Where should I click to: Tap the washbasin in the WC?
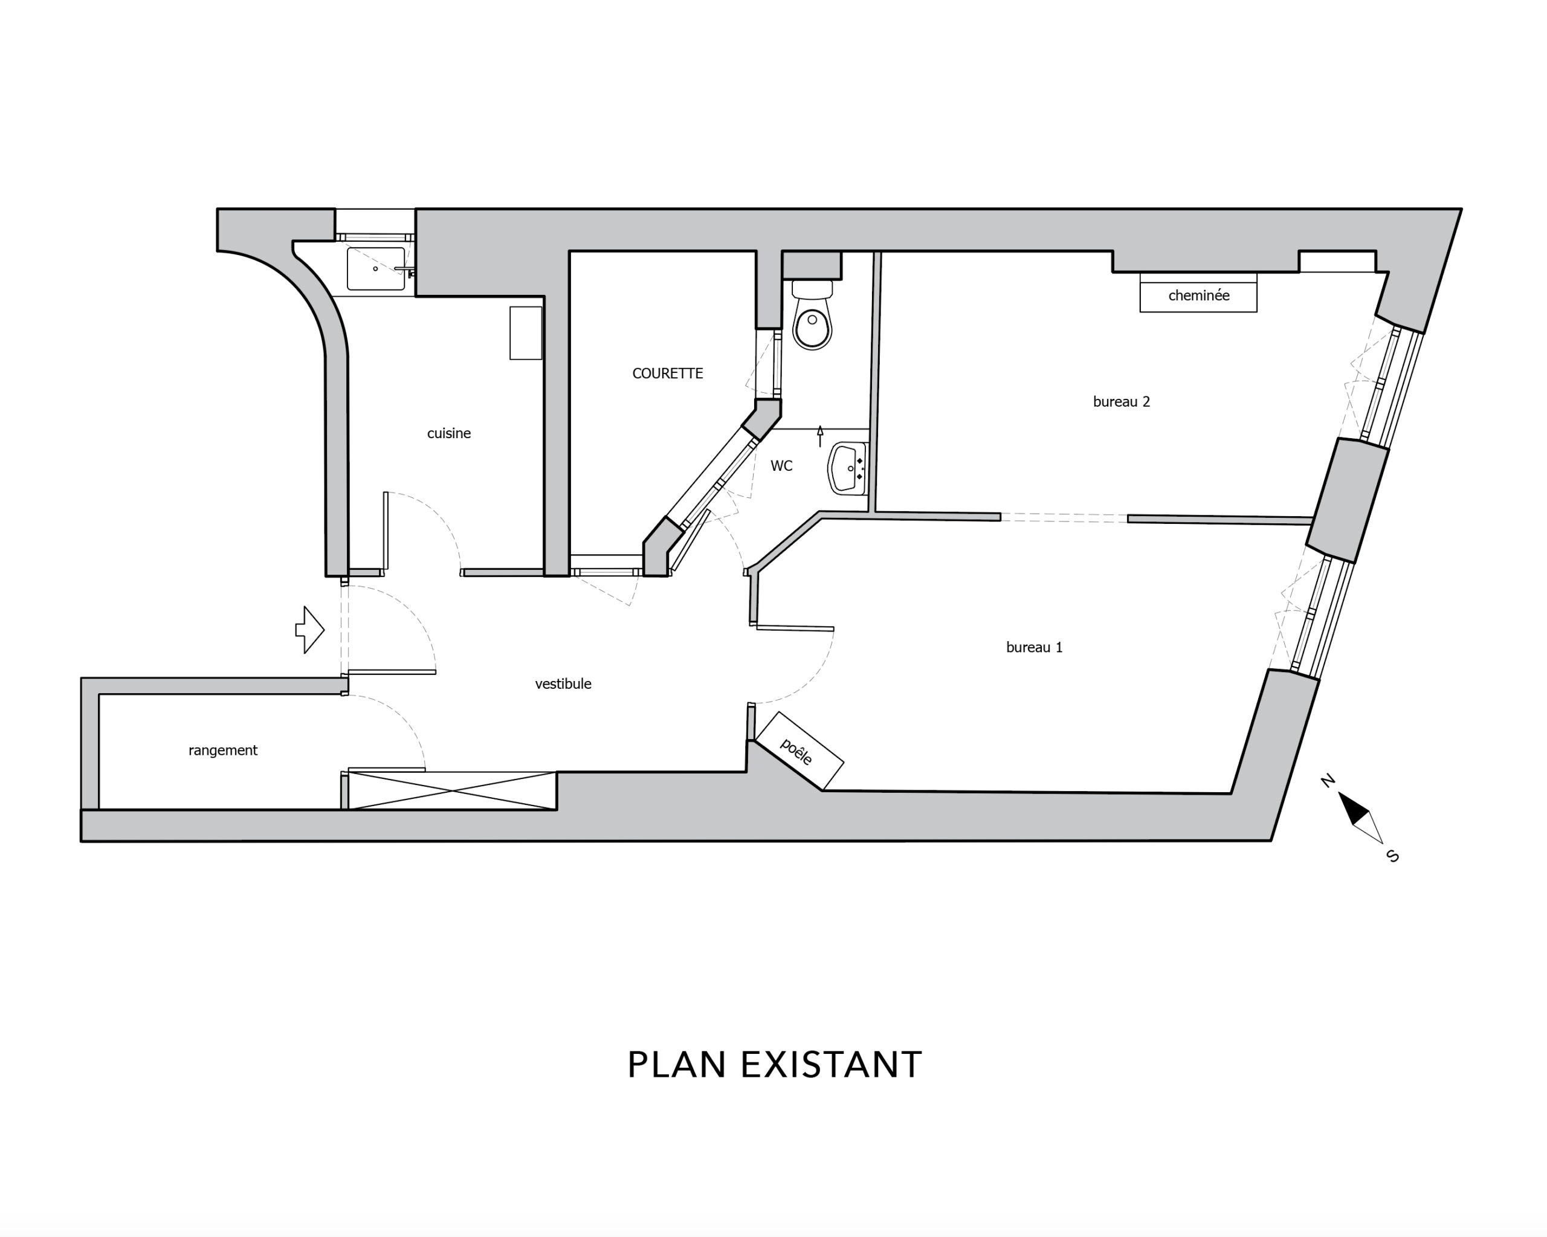tap(848, 468)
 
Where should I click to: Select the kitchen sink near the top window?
tap(375, 268)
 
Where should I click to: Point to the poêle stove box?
tap(799, 750)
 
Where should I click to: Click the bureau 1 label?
tap(1034, 647)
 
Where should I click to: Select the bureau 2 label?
tap(1121, 402)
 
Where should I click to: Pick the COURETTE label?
tap(667, 373)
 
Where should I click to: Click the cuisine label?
tap(448, 433)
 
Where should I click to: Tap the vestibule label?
tap(563, 684)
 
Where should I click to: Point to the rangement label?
tap(222, 751)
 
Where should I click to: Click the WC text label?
tap(781, 467)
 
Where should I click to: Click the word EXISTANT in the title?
tap(831, 1065)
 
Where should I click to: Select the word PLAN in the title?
tap(677, 1065)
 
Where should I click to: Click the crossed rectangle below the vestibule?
tap(452, 790)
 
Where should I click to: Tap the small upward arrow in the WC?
tap(820, 436)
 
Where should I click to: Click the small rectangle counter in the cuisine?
tap(525, 333)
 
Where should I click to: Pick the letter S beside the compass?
tap(1393, 856)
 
